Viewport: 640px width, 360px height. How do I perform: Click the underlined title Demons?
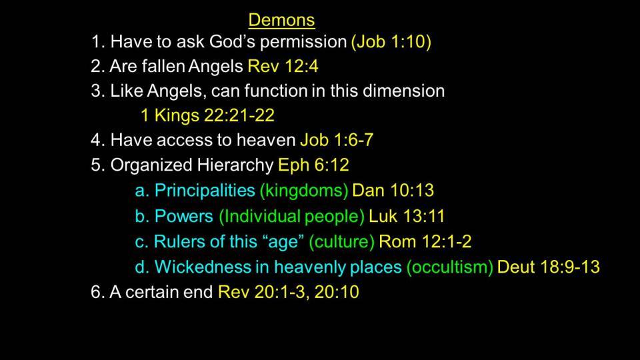point(281,20)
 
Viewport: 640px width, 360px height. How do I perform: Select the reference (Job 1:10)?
point(391,41)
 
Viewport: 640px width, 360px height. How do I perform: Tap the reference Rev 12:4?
point(283,66)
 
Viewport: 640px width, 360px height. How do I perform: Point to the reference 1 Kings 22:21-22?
point(207,115)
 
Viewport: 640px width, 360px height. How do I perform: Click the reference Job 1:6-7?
point(337,140)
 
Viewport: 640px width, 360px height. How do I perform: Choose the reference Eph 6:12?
point(313,165)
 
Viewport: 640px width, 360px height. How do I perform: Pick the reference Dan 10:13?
point(393,190)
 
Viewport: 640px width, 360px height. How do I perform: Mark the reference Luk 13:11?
point(407,216)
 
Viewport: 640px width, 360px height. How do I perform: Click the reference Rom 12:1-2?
point(425,241)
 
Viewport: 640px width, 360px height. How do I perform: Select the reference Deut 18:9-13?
point(549,267)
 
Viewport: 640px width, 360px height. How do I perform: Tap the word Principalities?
point(205,191)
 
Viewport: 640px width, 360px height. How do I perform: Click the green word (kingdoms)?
point(304,191)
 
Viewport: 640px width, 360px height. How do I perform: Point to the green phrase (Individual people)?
point(292,216)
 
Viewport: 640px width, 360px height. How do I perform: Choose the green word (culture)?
point(341,241)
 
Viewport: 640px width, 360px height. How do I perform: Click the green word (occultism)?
point(450,267)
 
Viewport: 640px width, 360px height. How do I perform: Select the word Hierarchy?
point(235,165)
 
